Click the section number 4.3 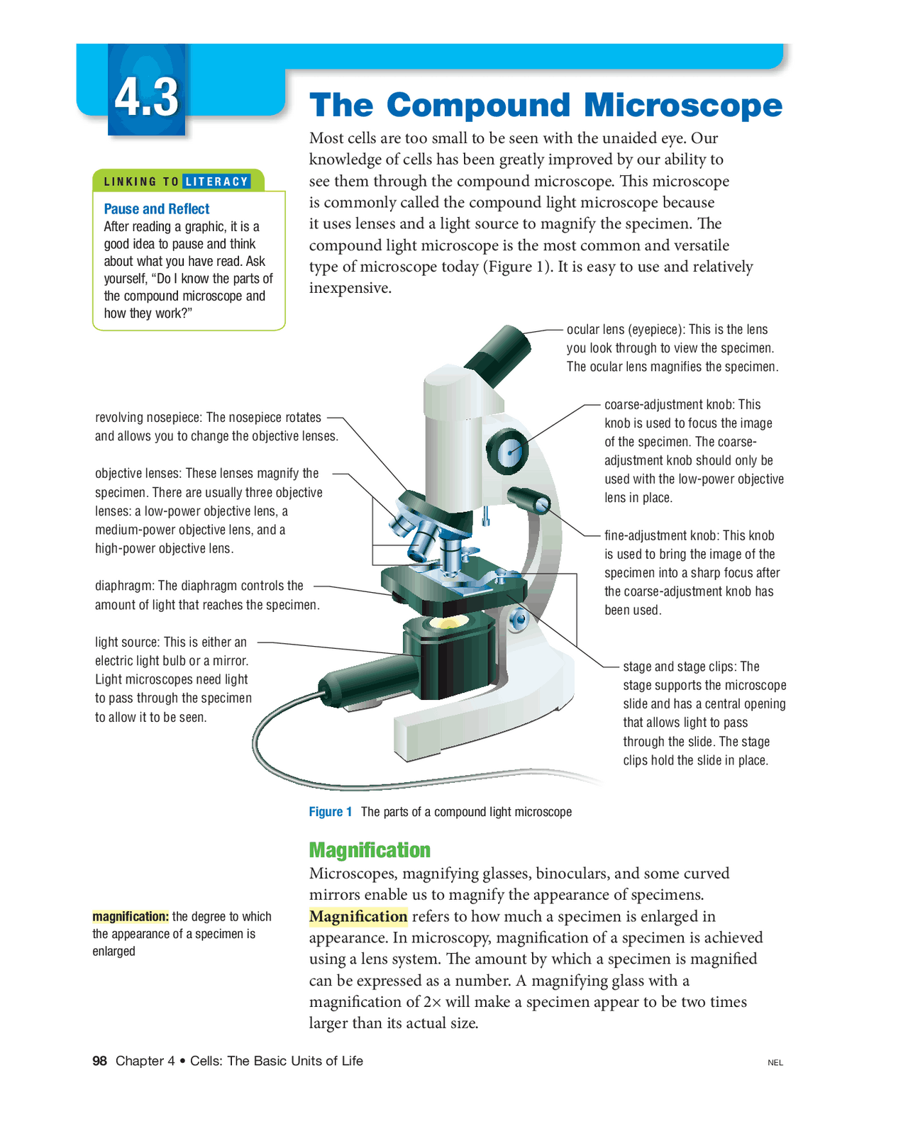point(147,97)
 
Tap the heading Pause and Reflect point(156,209)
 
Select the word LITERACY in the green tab point(216,182)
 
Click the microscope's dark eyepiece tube point(500,352)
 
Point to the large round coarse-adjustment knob point(508,452)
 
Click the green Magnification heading point(369,850)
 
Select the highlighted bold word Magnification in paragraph point(358,917)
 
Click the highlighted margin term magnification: point(131,917)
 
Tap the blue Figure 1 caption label point(331,812)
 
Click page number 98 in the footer point(99,1061)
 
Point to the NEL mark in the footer point(775,1062)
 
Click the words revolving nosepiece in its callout point(148,418)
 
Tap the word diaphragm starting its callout point(124,586)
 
